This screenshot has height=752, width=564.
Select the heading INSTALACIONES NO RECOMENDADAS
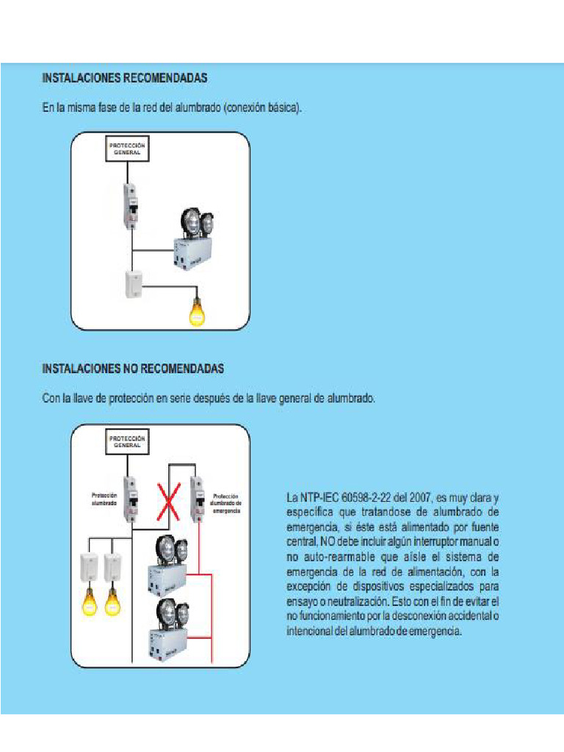pos(133,367)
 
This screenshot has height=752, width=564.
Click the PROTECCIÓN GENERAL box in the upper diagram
pos(127,148)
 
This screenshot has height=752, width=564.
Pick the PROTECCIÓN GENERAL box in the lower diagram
pos(127,442)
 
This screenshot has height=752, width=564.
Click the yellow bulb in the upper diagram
pos(196,311)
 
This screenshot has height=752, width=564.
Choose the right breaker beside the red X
pos(197,498)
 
